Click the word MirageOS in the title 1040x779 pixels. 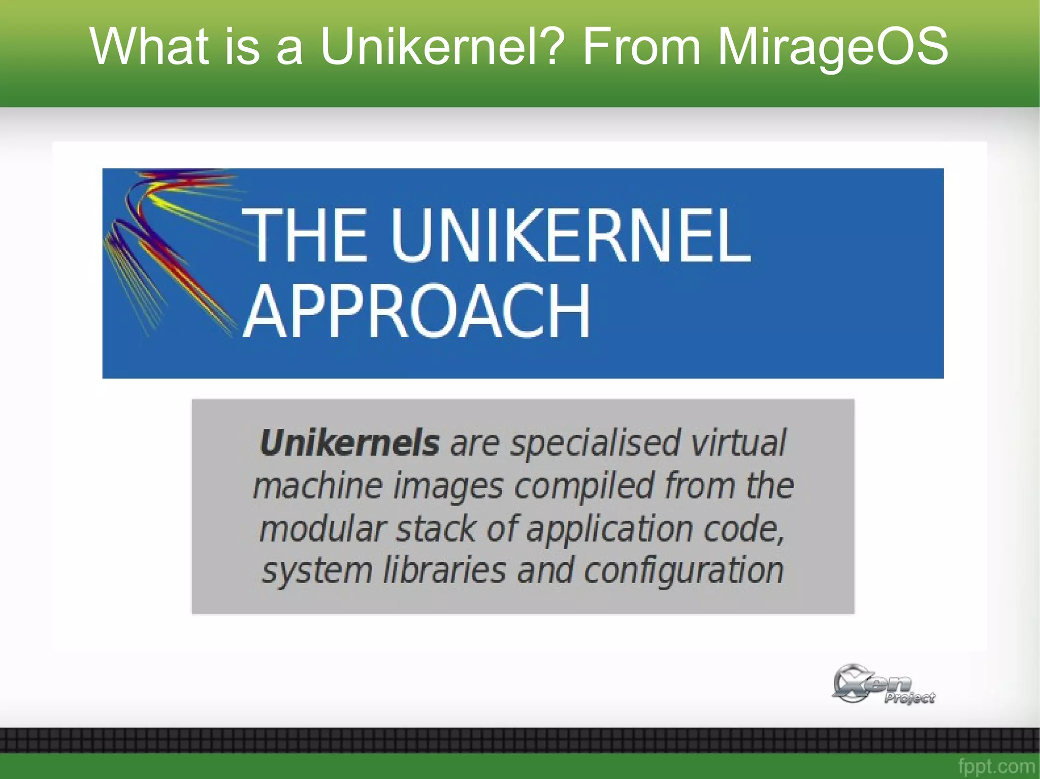[x=832, y=47]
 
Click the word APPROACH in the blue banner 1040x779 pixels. [x=416, y=311]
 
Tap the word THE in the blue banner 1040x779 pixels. [x=304, y=235]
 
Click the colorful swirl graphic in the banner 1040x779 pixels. [x=168, y=249]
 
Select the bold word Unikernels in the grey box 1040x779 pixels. [x=349, y=443]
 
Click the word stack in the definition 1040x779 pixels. [x=436, y=528]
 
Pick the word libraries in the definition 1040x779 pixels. [x=444, y=570]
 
